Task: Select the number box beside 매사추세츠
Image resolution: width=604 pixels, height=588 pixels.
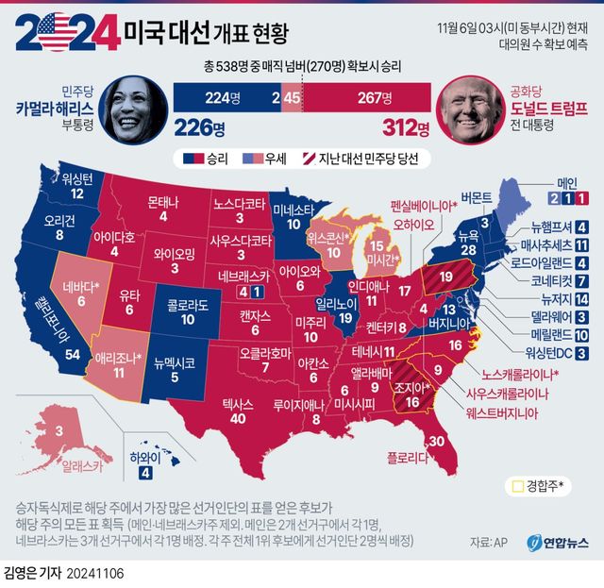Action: [x=582, y=244]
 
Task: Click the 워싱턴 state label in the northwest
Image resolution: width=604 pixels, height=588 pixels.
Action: [x=79, y=177]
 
